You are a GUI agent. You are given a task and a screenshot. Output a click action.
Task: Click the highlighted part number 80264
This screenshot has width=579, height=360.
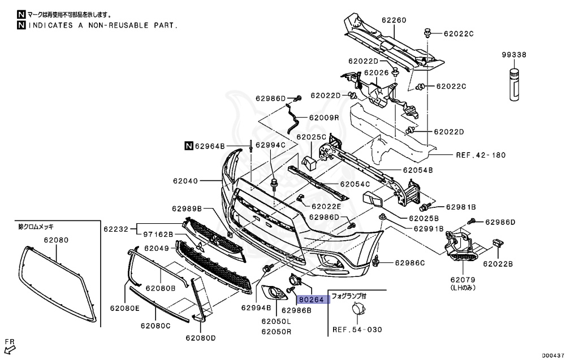pyautogui.click(x=312, y=301)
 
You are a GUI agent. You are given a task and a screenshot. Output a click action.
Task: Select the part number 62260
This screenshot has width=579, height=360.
pyautogui.click(x=394, y=21)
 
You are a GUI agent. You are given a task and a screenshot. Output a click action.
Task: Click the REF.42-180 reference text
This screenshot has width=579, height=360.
pyautogui.click(x=480, y=155)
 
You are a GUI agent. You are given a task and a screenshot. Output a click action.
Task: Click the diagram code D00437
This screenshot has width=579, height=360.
pyautogui.click(x=553, y=355)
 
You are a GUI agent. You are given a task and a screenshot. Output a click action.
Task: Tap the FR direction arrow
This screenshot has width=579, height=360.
pyautogui.click(x=10, y=349)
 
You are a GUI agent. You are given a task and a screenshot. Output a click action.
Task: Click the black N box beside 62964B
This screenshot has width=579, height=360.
pyautogui.click(x=189, y=145)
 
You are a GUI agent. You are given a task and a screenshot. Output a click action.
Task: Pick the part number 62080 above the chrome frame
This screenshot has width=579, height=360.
pyautogui.click(x=56, y=240)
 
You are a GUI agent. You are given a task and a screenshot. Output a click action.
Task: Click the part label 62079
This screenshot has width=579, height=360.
pyautogui.click(x=463, y=279)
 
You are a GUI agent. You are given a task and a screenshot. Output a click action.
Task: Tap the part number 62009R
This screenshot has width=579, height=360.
pyautogui.click(x=323, y=118)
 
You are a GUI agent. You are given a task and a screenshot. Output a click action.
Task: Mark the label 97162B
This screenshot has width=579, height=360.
pyautogui.click(x=158, y=234)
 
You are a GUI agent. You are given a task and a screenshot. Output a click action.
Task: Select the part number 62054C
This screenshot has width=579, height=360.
pyautogui.click(x=355, y=184)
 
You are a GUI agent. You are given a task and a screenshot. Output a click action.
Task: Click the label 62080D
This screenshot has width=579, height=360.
pyautogui.click(x=201, y=339)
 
